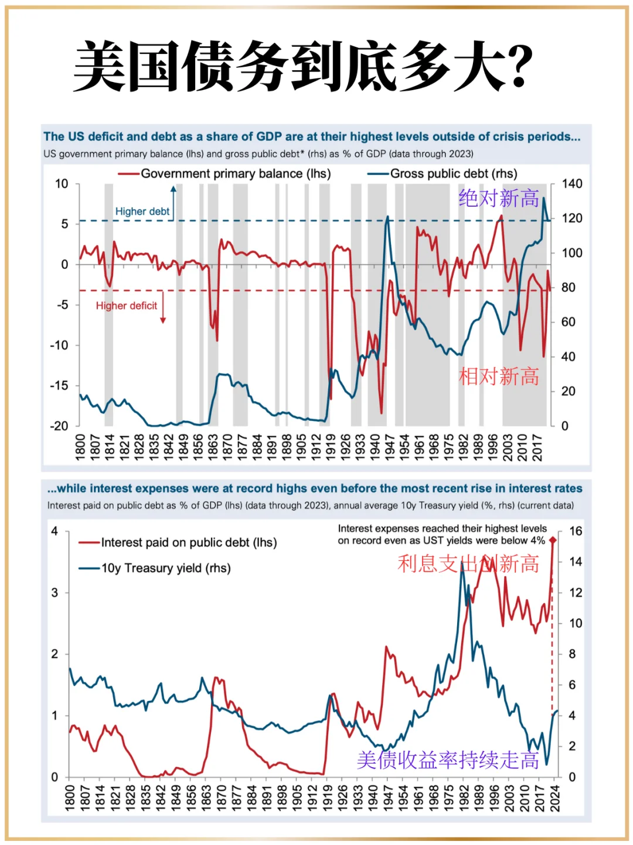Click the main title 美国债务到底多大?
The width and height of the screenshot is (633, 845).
point(303,66)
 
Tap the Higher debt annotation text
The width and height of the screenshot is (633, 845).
point(142,211)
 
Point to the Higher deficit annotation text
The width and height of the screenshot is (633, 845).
point(127,306)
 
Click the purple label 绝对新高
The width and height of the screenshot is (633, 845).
point(499,199)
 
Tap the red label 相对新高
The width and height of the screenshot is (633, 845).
point(499,377)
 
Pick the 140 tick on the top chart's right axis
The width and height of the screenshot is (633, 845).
point(572,184)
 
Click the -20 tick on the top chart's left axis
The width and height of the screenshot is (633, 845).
point(59,426)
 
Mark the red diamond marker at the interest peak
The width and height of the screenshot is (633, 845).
point(552,540)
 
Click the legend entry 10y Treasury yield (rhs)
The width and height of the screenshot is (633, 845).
point(166,568)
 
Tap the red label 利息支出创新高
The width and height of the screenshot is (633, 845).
point(468,564)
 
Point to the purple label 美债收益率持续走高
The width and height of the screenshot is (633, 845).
point(448,760)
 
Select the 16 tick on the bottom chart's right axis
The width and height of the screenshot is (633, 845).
point(576,531)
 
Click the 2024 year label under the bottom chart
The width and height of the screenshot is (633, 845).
point(555,798)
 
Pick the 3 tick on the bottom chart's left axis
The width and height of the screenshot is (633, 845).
point(55,593)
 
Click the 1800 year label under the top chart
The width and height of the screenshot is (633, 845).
point(80,447)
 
